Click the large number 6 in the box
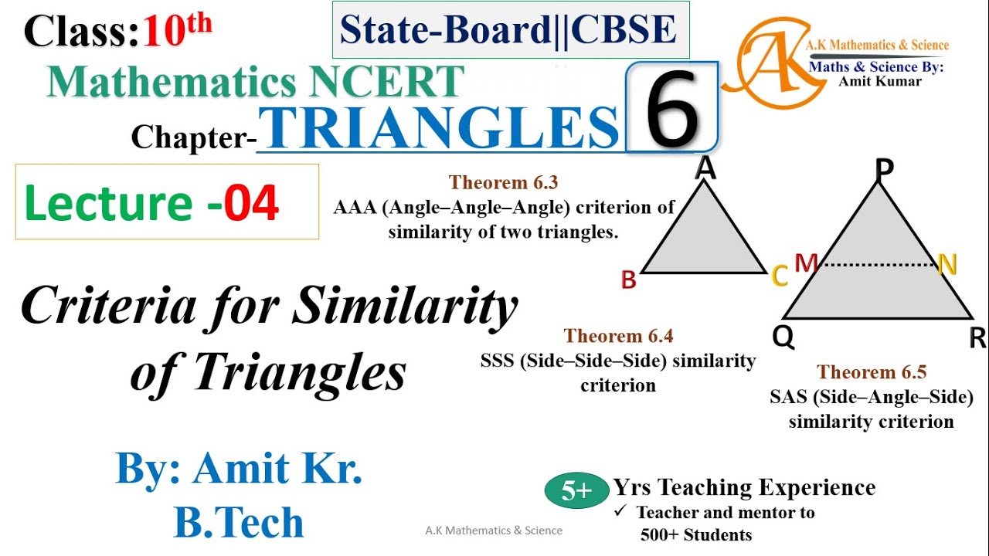pos(672,108)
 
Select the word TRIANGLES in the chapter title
pos(440,127)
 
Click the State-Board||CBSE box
pos(511,30)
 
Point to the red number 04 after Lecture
pos(252,203)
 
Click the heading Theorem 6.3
pos(503,182)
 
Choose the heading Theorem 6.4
pos(618,336)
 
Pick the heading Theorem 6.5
pos(872,372)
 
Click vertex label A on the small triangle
pos(704,168)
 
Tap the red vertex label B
pos(629,280)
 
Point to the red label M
pos(806,265)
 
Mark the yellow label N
pos(947,266)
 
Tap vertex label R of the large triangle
pos(977,338)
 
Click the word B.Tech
pos(239,523)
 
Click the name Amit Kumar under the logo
pos(879,82)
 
